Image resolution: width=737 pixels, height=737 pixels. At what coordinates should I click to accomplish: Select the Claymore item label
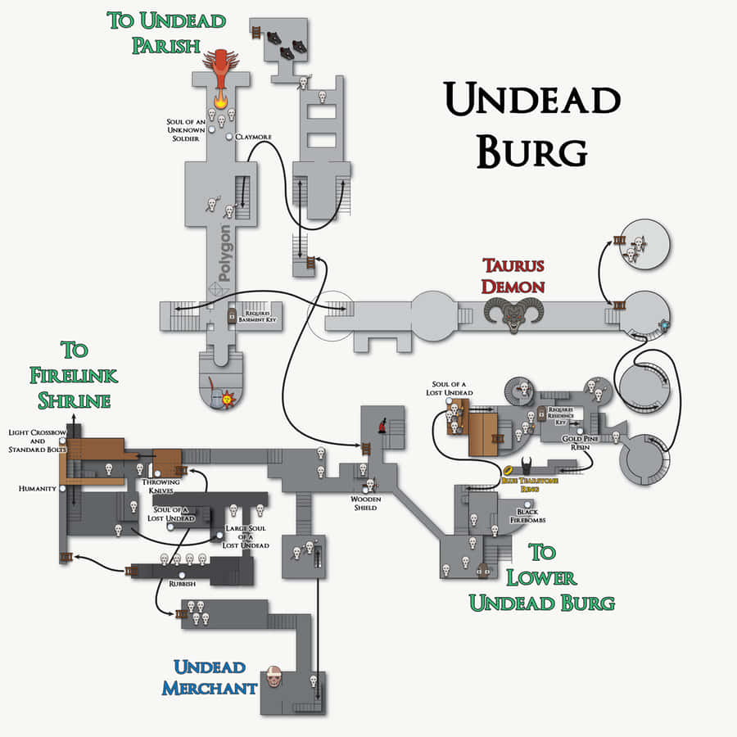coord(253,137)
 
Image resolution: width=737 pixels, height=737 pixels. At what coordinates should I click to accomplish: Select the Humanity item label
coord(37,488)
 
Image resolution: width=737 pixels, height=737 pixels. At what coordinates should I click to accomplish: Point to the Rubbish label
coord(182,585)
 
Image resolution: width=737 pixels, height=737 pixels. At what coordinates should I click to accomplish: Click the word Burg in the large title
coord(531,151)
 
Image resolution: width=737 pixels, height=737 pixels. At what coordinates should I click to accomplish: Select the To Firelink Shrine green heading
coord(74,376)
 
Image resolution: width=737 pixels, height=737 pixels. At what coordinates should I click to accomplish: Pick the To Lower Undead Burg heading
coord(541,576)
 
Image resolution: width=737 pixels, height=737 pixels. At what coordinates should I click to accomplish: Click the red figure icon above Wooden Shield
coord(382,426)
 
